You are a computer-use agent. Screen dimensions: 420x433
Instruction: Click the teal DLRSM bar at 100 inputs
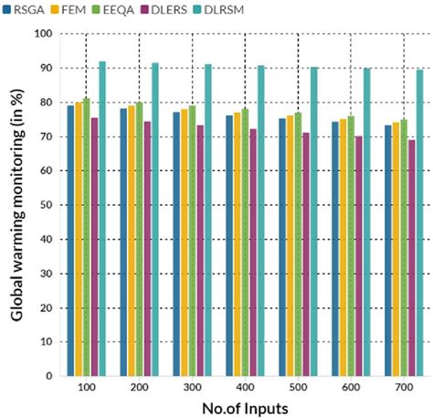[102, 219]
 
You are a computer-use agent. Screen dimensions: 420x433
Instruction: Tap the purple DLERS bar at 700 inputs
[412, 257]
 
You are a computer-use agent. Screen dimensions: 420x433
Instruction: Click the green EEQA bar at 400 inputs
[245, 242]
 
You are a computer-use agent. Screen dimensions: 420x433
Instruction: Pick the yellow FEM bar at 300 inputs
[184, 242]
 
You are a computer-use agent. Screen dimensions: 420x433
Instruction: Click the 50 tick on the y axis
[48, 205]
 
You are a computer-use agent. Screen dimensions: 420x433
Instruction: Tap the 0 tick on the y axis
[52, 376]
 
